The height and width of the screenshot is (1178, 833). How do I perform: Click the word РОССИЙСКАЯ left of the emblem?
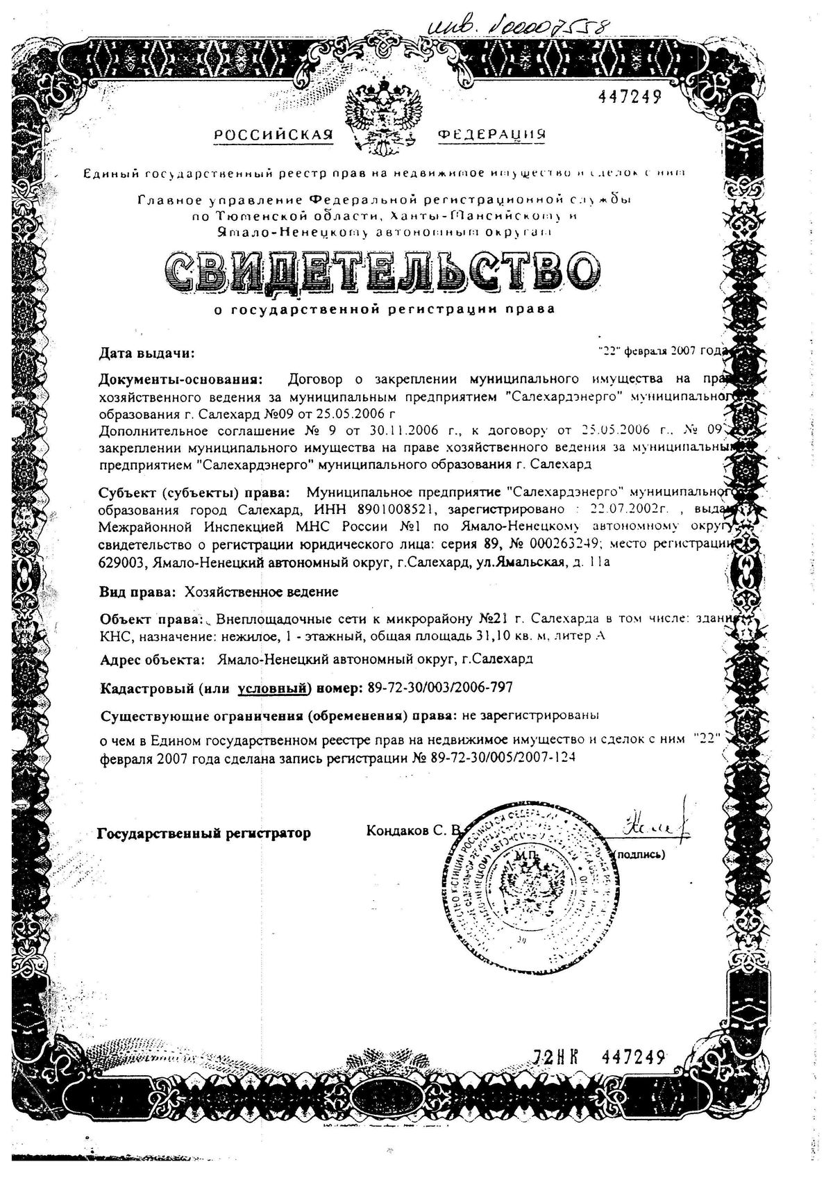(274, 135)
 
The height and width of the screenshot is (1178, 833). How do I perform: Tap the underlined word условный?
(272, 688)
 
